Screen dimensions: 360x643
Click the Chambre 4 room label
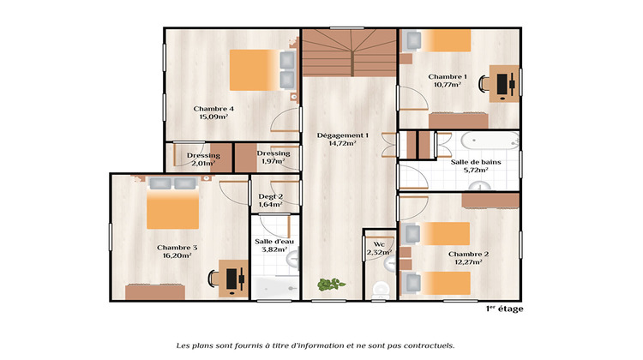[213, 109]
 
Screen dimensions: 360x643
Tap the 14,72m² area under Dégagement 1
[342, 144]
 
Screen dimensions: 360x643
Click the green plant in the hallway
[328, 284]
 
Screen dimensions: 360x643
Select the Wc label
[378, 243]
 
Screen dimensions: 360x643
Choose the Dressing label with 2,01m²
[203, 155]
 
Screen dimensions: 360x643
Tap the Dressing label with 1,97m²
[273, 153]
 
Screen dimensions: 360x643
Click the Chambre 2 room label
[468, 254]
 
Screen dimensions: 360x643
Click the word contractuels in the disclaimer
[425, 345]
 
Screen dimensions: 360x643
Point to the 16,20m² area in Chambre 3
[177, 255]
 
